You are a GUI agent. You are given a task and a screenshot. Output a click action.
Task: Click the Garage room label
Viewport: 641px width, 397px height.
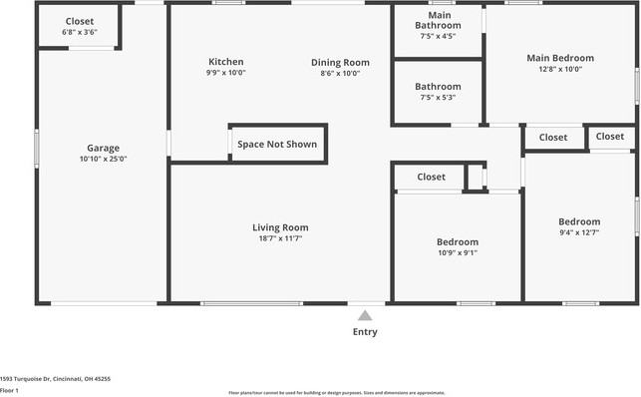pyautogui.click(x=103, y=147)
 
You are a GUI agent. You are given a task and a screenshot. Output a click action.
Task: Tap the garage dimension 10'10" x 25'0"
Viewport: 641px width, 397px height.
pyautogui.click(x=103, y=159)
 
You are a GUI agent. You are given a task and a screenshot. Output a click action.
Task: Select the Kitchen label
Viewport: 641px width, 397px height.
pyautogui.click(x=226, y=62)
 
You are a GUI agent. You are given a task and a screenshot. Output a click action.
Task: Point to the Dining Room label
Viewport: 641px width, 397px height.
pyautogui.click(x=340, y=62)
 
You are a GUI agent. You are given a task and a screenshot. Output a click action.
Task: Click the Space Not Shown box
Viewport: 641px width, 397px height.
pyautogui.click(x=277, y=145)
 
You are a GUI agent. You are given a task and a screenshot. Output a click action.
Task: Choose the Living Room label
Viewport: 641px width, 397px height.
pyautogui.click(x=280, y=227)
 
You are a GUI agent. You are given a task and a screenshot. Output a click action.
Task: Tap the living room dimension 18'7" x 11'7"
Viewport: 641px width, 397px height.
pyautogui.click(x=280, y=239)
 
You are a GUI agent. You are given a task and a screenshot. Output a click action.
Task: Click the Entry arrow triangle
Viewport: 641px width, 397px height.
pyautogui.click(x=365, y=315)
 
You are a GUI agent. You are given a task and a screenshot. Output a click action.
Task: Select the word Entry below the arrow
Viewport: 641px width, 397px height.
pyautogui.click(x=365, y=332)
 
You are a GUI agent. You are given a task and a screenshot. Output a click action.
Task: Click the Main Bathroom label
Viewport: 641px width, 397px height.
pyautogui.click(x=438, y=20)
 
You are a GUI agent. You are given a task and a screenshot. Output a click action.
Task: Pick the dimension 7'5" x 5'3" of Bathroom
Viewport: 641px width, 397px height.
pyautogui.click(x=438, y=98)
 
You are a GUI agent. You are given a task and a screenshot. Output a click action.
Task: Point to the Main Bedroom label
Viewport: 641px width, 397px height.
pyautogui.click(x=560, y=58)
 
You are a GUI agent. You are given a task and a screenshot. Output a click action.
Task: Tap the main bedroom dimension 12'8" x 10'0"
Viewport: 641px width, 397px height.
pyautogui.click(x=560, y=70)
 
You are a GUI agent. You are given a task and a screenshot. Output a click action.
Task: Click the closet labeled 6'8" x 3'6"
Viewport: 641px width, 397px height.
pyautogui.click(x=80, y=32)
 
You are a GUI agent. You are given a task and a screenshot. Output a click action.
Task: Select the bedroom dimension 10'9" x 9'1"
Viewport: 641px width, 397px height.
pyautogui.click(x=458, y=253)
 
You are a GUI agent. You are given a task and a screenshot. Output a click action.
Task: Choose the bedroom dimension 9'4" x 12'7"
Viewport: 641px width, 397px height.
pyautogui.click(x=579, y=233)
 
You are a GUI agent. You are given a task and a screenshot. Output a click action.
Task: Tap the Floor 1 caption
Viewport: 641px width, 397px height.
pyautogui.click(x=10, y=391)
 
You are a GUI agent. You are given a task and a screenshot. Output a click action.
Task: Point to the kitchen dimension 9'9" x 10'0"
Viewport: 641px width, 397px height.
pyautogui.click(x=226, y=73)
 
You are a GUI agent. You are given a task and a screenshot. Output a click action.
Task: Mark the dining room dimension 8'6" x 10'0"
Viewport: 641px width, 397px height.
pyautogui.click(x=340, y=73)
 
